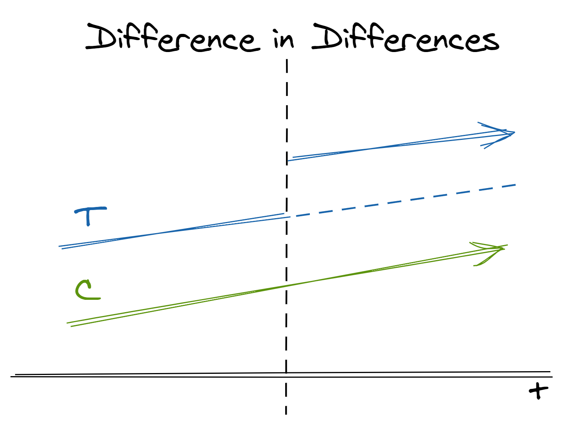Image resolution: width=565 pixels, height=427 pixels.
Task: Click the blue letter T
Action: pos(89,215)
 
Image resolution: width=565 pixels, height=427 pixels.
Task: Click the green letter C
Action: pos(86,290)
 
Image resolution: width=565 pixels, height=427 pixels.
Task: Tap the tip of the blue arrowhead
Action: pos(515,133)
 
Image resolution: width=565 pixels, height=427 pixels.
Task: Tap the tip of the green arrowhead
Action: pos(505,248)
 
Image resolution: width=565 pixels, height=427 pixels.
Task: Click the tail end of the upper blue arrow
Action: pos(289,160)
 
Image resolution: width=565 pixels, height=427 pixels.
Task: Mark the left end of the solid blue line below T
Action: pos(60,247)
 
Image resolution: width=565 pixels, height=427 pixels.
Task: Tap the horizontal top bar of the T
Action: pos(91,210)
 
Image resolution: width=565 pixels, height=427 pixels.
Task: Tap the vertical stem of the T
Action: pos(89,219)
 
